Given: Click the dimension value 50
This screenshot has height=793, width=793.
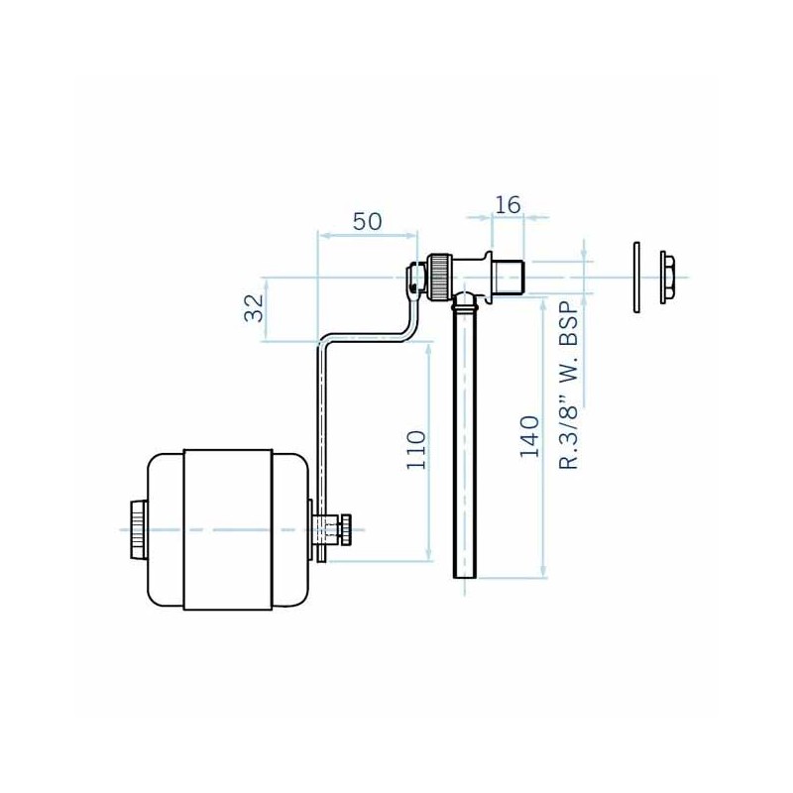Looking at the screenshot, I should click(367, 221).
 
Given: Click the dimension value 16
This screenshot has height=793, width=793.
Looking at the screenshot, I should click(508, 204).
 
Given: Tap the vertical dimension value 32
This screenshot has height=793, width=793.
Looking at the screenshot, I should click(254, 308).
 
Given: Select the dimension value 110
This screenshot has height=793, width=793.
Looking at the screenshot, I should click(415, 449).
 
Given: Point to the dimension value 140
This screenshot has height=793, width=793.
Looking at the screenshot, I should click(529, 437).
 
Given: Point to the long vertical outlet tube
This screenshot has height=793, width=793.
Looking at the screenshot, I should click(463, 446).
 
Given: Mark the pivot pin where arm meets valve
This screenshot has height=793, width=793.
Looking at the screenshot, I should click(413, 286).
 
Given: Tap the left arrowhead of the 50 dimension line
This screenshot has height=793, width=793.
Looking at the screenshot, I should click(320, 236).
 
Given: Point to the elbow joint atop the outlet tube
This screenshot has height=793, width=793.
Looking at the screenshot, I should click(466, 298).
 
